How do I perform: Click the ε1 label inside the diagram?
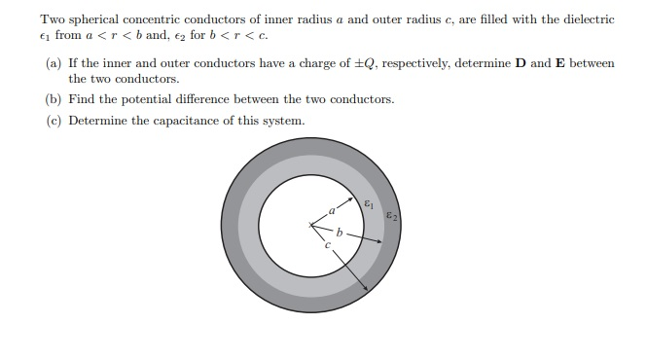(367, 203)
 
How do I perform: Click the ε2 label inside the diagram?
(390, 216)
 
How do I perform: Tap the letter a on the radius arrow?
(331, 210)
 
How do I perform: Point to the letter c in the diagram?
(327, 245)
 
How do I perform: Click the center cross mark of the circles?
(311, 227)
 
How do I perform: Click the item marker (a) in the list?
(54, 63)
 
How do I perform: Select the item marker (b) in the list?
(54, 99)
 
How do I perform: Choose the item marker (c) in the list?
(54, 121)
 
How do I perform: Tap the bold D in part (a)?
(520, 63)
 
